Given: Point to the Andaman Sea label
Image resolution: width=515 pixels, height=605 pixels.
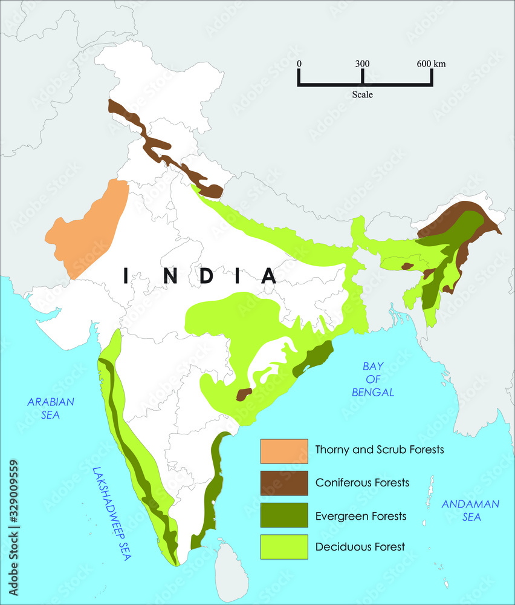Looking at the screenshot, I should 470,509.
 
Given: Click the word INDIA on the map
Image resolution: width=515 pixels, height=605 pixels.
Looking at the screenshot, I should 199,276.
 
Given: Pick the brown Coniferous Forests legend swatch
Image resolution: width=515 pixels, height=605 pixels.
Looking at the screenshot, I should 284,483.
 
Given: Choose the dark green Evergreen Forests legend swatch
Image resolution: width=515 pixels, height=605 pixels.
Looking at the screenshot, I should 284,515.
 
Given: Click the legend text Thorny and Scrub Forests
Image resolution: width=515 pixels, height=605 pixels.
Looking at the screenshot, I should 380,450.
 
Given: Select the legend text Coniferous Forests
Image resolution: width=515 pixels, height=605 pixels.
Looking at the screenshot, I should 362,483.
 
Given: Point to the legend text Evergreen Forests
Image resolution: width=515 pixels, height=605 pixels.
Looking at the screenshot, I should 360,516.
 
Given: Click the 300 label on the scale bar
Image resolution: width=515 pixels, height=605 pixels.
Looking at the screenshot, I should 362,64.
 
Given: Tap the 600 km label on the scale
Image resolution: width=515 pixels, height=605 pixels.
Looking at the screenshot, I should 431,64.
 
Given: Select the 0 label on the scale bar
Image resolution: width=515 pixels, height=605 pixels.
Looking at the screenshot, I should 299,64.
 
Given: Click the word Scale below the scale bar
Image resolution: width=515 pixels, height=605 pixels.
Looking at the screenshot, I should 363,95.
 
